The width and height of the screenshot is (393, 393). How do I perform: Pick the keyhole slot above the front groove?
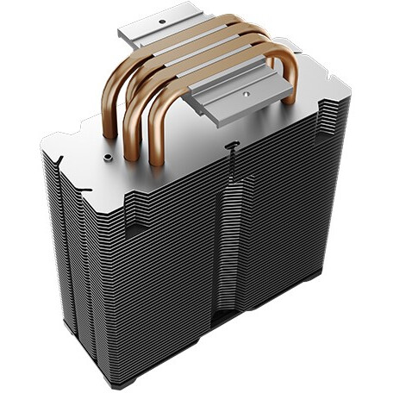[x=231, y=148]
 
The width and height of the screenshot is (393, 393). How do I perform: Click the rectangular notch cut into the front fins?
[x=137, y=227]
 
